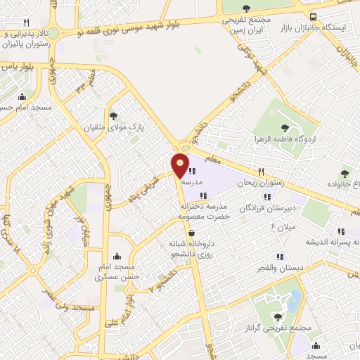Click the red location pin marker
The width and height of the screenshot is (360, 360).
click(181, 165)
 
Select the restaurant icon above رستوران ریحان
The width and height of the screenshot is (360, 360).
click(260, 171)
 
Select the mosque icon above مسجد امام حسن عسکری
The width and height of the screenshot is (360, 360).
click(117, 256)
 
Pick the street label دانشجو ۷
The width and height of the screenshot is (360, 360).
click(164, 285)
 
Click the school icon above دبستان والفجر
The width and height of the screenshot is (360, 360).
click(280, 257)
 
